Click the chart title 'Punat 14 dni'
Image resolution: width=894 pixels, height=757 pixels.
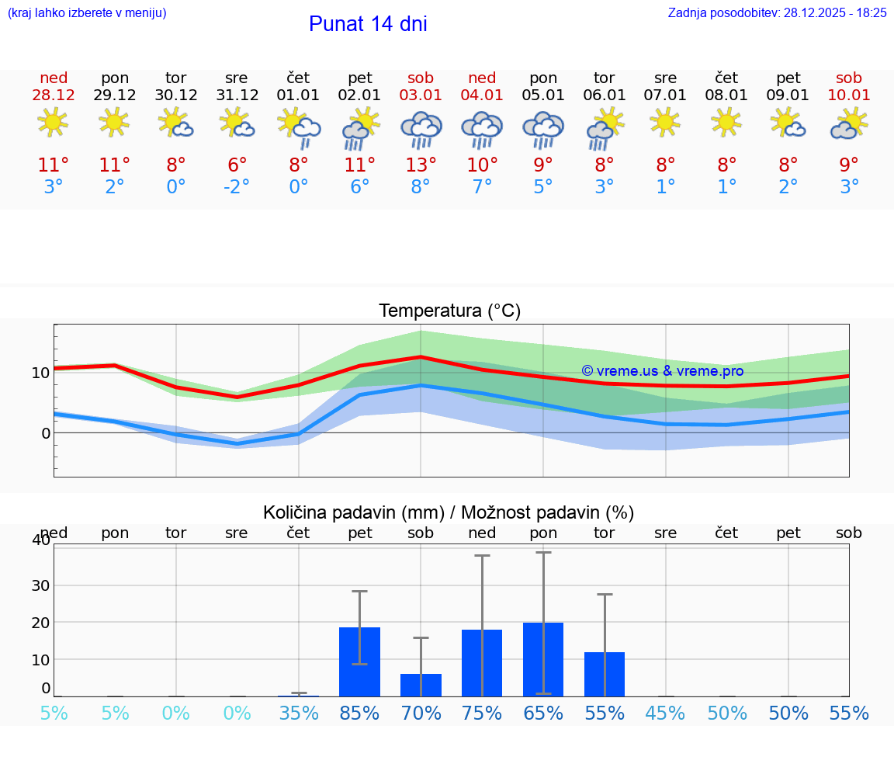[368, 24]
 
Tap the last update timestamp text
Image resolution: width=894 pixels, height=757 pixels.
[777, 13]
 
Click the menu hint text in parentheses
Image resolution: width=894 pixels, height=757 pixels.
[87, 13]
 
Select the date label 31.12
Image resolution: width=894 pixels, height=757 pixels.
[237, 95]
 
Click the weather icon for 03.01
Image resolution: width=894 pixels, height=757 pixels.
[421, 128]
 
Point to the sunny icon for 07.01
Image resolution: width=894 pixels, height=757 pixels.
[665, 123]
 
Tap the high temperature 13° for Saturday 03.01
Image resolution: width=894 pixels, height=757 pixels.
[421, 165]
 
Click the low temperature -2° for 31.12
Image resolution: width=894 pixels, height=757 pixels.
[237, 187]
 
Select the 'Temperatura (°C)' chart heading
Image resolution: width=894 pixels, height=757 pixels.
[449, 311]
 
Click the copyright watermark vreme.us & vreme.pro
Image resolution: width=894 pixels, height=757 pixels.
[662, 371]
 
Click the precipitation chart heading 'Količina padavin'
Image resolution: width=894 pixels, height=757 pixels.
[449, 512]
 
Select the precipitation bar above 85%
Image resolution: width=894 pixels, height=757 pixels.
[359, 662]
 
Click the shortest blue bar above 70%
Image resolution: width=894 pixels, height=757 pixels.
[421, 685]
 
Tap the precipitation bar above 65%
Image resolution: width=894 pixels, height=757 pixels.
[543, 659]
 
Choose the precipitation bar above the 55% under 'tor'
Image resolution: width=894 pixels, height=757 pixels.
[605, 674]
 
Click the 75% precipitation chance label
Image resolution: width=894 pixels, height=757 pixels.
[482, 714]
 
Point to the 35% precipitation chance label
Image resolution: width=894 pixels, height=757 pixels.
[299, 714]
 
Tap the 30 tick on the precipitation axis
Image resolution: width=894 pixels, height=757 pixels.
[40, 585]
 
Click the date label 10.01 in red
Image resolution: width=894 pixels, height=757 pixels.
[849, 95]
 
